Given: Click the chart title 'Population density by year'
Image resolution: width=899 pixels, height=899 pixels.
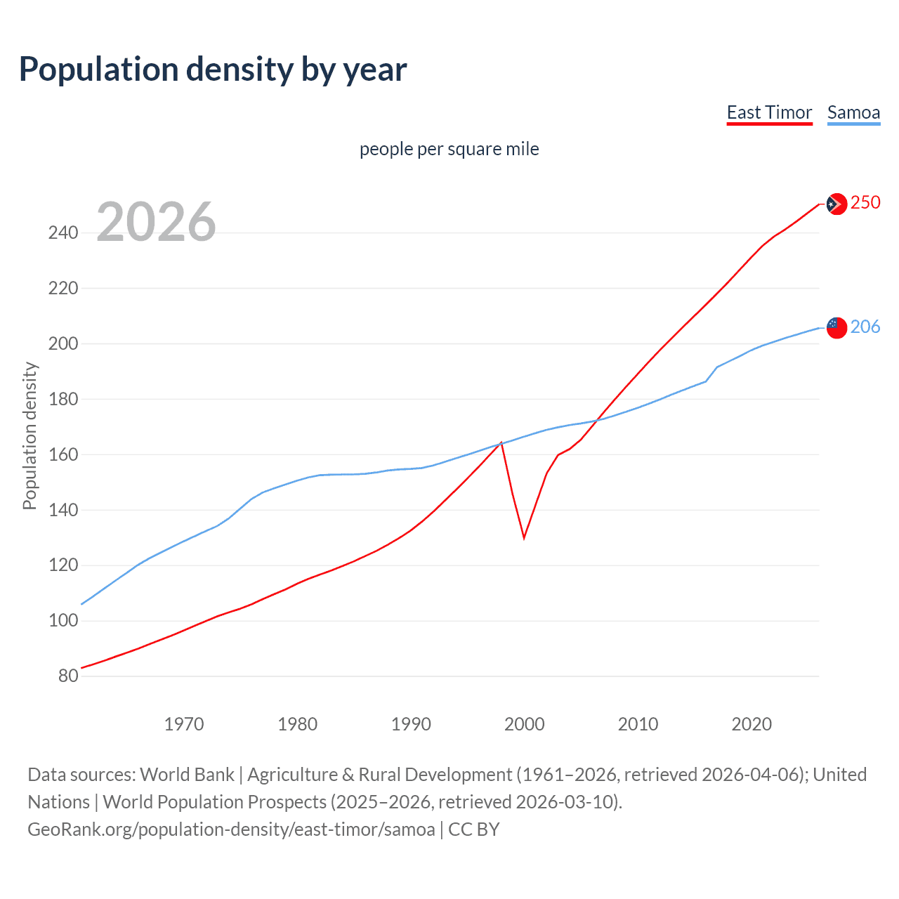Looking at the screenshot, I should coord(213,70).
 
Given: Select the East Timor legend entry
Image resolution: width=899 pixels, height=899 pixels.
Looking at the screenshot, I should coord(769,113).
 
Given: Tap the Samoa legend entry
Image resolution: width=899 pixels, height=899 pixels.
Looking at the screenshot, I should coord(853,113).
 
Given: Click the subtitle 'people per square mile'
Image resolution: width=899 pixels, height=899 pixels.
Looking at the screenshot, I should coord(449,150).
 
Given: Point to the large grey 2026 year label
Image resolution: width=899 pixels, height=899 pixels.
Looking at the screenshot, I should coord(156,222).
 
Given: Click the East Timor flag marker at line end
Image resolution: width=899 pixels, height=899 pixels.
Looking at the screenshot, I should coord(836,204).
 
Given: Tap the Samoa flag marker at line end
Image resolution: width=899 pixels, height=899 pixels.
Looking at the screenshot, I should coord(836,327).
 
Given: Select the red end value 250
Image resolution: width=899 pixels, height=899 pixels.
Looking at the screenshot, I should coord(865,203).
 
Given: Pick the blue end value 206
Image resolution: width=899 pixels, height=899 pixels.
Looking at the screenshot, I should coord(865,327).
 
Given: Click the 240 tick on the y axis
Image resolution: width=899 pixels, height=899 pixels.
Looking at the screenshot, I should coord(63,233).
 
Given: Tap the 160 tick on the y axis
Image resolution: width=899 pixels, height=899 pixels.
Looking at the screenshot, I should coord(63,455).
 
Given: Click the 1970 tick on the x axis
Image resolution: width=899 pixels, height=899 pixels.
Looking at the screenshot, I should coord(184,724).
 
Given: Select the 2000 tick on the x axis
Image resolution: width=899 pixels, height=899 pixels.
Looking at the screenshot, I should coord(525,724).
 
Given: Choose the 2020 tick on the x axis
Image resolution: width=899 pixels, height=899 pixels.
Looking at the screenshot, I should coord(752,724).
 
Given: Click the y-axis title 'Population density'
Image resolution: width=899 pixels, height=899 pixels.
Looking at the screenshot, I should coord(29,435).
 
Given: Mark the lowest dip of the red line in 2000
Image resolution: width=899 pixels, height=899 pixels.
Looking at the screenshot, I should coord(524,538).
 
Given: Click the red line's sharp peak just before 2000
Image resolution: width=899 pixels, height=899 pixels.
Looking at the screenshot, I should coord(501,442).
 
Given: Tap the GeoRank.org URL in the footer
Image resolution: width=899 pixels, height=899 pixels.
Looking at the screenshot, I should coord(231,829).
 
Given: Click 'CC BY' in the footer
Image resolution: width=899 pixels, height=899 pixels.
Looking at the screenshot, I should coord(474,829).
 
